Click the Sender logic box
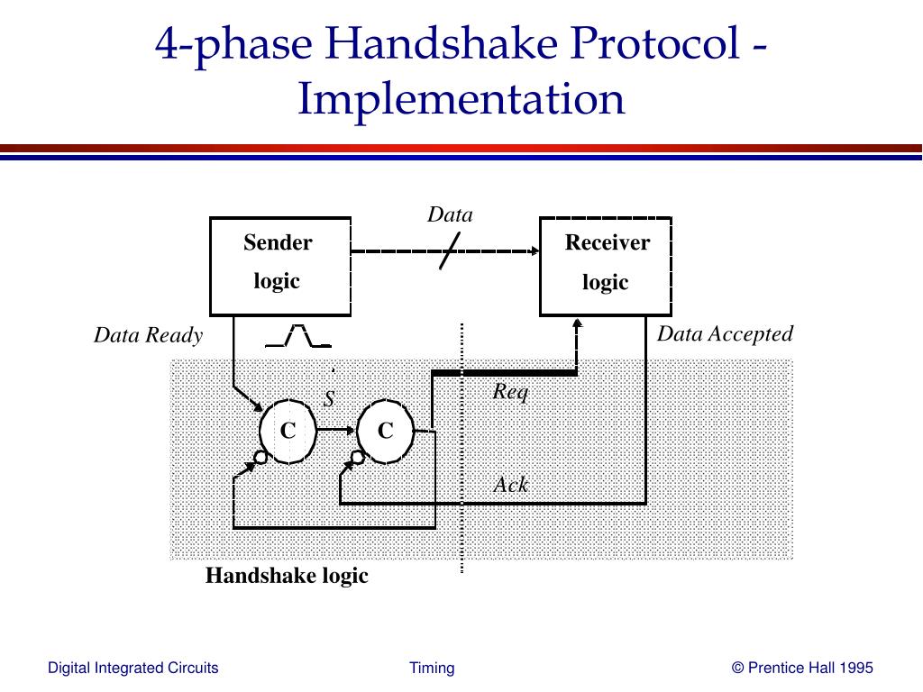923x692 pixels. coord(279,266)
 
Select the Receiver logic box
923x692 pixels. coord(605,266)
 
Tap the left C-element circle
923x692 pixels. coord(288,432)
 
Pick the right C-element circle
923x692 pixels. coord(386,432)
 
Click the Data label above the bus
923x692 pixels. coord(450,214)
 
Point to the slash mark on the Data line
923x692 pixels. coord(451,250)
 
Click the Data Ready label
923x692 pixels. coord(149,336)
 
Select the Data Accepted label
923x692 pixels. coord(725,334)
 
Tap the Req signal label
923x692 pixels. coord(510,391)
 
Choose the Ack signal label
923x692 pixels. coord(511,485)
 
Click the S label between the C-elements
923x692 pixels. coord(329,398)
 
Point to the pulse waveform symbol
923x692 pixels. coord(298,336)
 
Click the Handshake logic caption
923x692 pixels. coord(287,576)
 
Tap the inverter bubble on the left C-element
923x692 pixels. coord(260,458)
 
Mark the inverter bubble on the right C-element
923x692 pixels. coord(358,458)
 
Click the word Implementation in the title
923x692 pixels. coord(461,99)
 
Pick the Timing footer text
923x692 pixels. coord(432,668)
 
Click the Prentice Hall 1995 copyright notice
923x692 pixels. coord(802,668)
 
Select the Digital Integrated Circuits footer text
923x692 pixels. coord(133,668)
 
